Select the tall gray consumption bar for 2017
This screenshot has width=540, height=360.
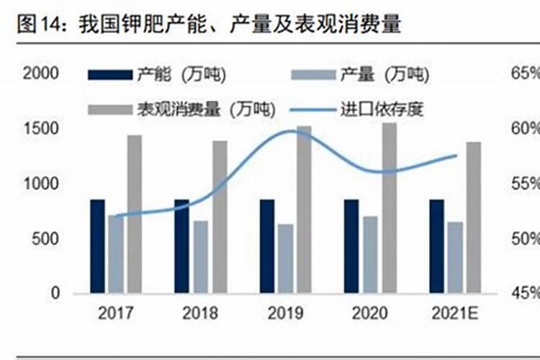[x=134, y=214]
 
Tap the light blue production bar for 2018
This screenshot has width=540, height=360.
[x=201, y=256]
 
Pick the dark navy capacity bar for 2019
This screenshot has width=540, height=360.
[x=267, y=246]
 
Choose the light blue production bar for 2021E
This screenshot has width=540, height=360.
[x=454, y=257]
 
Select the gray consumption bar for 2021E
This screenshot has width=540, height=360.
[x=473, y=217]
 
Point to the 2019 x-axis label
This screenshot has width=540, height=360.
[x=285, y=313]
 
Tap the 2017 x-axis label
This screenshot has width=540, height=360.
[x=116, y=313]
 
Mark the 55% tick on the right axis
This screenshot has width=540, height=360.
[x=525, y=184]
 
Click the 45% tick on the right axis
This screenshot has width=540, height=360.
[x=525, y=293]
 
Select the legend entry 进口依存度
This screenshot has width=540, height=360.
[x=381, y=109]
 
